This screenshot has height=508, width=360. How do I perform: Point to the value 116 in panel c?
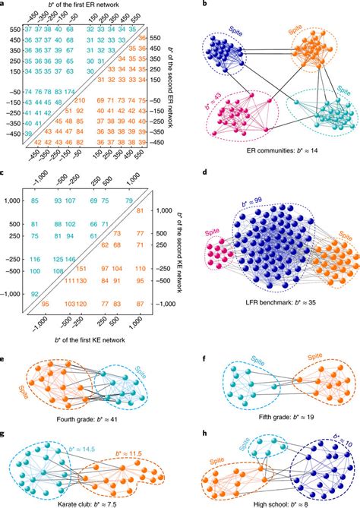(x=35, y=259)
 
